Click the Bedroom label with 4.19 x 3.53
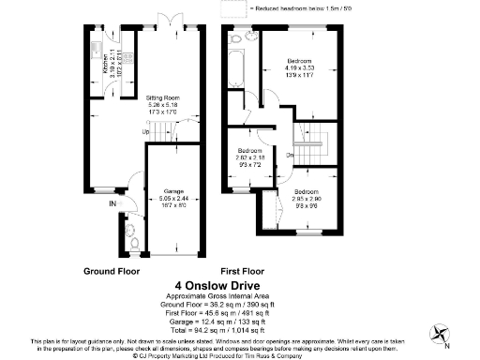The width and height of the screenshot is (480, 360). pos(300,60)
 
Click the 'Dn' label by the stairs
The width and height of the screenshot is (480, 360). pos(291,156)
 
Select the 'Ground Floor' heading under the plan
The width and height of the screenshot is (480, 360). pos(112,271)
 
